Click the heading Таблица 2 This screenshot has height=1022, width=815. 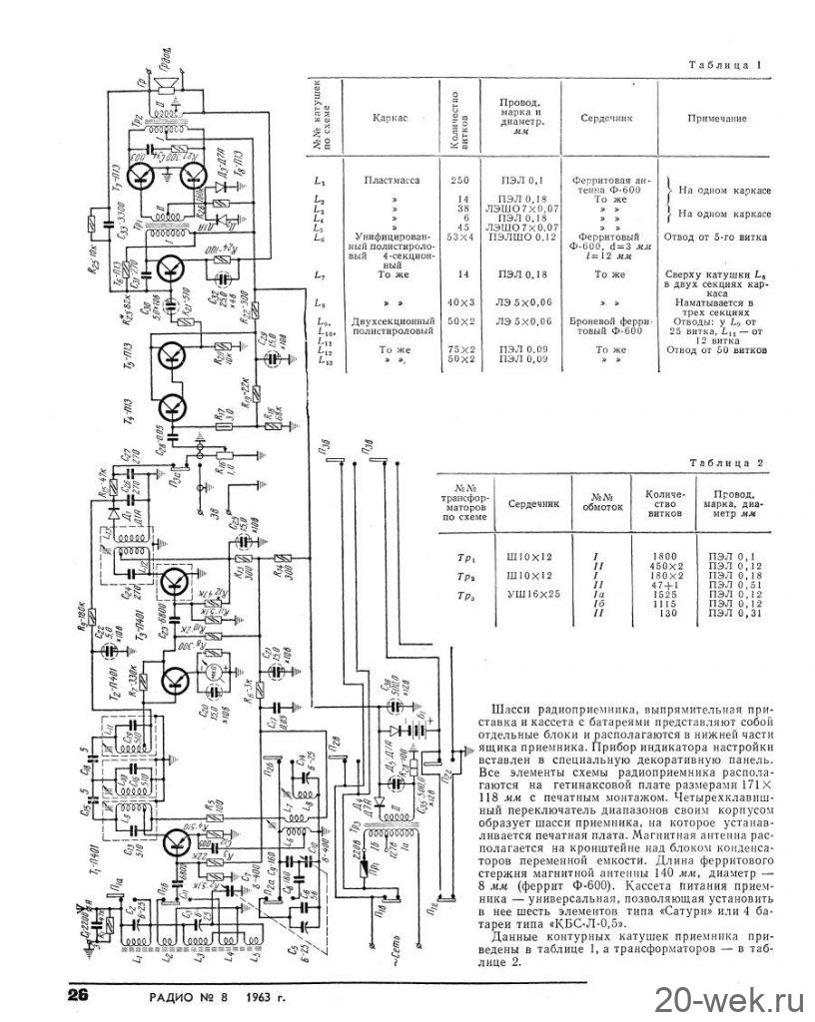(726, 463)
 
